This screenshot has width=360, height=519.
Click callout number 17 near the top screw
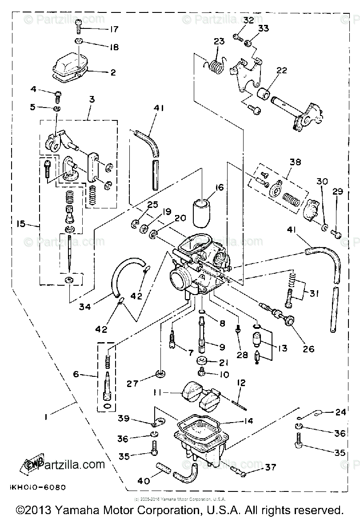[114, 30]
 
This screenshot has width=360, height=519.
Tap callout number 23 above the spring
[219, 41]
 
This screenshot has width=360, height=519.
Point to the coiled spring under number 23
[216, 65]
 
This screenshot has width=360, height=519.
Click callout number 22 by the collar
[281, 71]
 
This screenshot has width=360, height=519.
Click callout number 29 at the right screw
[338, 192]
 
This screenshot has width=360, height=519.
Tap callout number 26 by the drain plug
[308, 349]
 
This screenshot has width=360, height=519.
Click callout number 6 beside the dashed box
[76, 375]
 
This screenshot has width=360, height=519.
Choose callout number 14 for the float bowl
[248, 420]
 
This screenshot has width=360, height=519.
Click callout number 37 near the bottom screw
[270, 467]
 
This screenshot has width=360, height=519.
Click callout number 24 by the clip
[340, 412]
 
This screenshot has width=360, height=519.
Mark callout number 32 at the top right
[248, 20]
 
